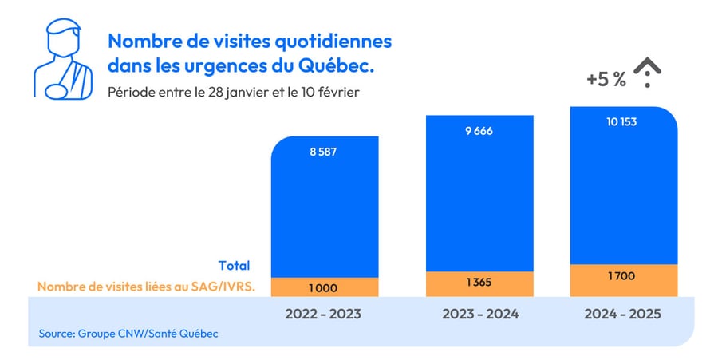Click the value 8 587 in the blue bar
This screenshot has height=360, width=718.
[x=323, y=151]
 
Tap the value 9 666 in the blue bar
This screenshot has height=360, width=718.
[x=479, y=130]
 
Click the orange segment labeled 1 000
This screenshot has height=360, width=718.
[x=323, y=287]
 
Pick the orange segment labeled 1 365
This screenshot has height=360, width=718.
[x=479, y=283]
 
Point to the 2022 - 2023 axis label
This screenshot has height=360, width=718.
[x=323, y=315]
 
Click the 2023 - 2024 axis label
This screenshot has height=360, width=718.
[x=479, y=315]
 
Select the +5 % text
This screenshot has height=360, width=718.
[x=606, y=80]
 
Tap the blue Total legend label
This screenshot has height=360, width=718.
[x=234, y=266]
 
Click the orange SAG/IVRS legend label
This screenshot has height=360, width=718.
[x=146, y=287]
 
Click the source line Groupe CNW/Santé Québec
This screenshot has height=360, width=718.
[x=128, y=333]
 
